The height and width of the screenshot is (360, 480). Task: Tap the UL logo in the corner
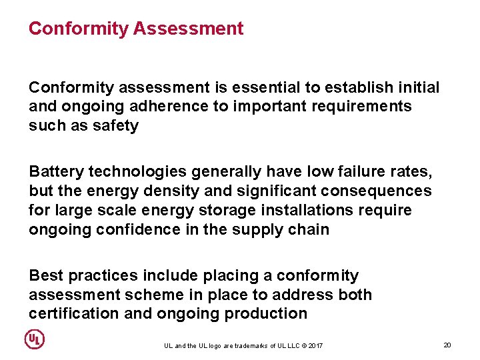click(x=35, y=339)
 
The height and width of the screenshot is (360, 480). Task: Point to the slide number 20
click(x=447, y=345)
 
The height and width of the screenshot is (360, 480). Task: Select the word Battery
click(x=56, y=172)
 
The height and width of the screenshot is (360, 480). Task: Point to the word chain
click(x=311, y=230)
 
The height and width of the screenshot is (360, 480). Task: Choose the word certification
click(x=73, y=314)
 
